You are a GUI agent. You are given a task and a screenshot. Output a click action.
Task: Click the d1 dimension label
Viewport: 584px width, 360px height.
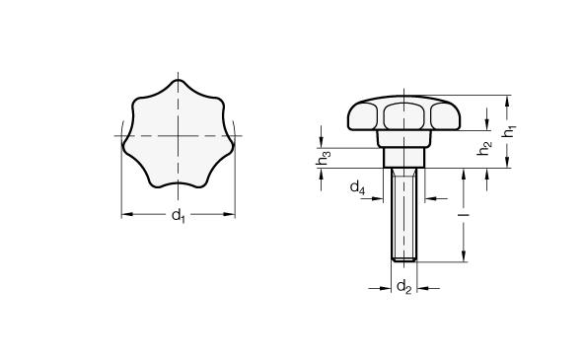[178, 216]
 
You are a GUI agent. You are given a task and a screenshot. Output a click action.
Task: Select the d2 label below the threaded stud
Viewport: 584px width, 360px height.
[404, 287]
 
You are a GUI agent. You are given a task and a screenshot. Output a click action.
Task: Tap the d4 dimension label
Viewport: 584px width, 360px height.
[357, 187]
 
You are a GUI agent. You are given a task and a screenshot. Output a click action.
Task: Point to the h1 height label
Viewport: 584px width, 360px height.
[508, 131]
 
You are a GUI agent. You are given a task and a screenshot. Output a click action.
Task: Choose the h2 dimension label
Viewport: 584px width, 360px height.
[484, 148]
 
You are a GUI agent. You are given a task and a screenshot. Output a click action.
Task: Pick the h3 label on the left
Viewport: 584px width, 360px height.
[323, 158]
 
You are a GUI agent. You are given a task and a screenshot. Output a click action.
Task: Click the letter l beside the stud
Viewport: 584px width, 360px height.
[464, 215]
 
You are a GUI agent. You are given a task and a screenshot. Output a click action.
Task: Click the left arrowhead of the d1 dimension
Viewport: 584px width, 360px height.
[127, 214]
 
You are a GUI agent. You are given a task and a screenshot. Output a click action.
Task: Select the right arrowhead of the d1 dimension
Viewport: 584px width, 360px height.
[229, 214]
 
